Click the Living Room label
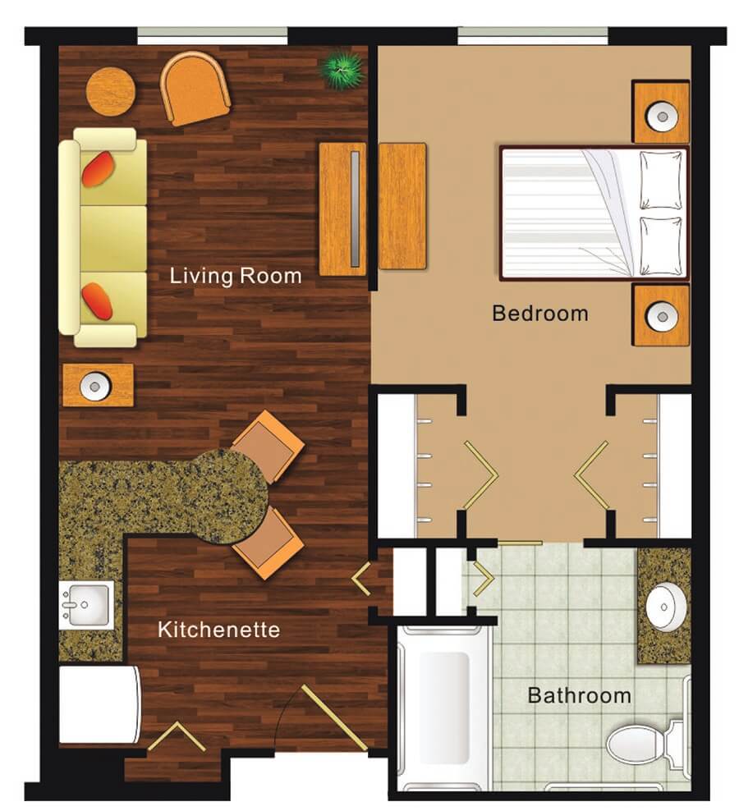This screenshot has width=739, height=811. click(236, 276)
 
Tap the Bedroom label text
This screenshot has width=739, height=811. click(540, 314)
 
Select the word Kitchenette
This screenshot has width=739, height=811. click(219, 630)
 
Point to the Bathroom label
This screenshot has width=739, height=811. click(579, 695)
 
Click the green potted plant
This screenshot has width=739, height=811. click(341, 69)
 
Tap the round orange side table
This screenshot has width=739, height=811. click(111, 92)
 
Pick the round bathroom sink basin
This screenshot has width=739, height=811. click(666, 606)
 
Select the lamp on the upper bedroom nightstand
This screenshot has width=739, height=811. click(662, 116)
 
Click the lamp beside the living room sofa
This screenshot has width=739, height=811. click(94, 386)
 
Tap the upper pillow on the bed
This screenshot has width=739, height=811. click(661, 180)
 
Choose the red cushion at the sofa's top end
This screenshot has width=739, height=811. click(98, 168)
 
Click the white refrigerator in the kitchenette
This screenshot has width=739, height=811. click(99, 704)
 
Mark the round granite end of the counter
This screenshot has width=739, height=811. click(229, 497)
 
